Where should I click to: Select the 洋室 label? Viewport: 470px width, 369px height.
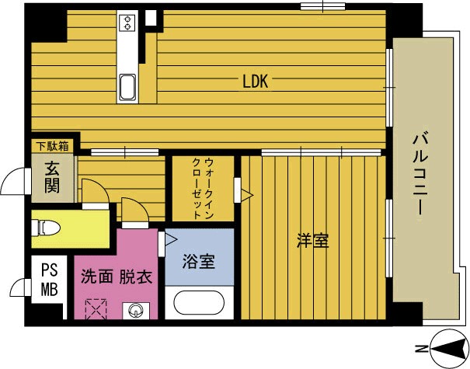[312, 242]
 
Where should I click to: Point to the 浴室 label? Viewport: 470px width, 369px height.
[199, 261]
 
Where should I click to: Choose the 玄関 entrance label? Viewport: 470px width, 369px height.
[53, 178]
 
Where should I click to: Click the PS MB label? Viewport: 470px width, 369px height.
[48, 280]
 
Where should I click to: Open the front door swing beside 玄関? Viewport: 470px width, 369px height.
[15, 183]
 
